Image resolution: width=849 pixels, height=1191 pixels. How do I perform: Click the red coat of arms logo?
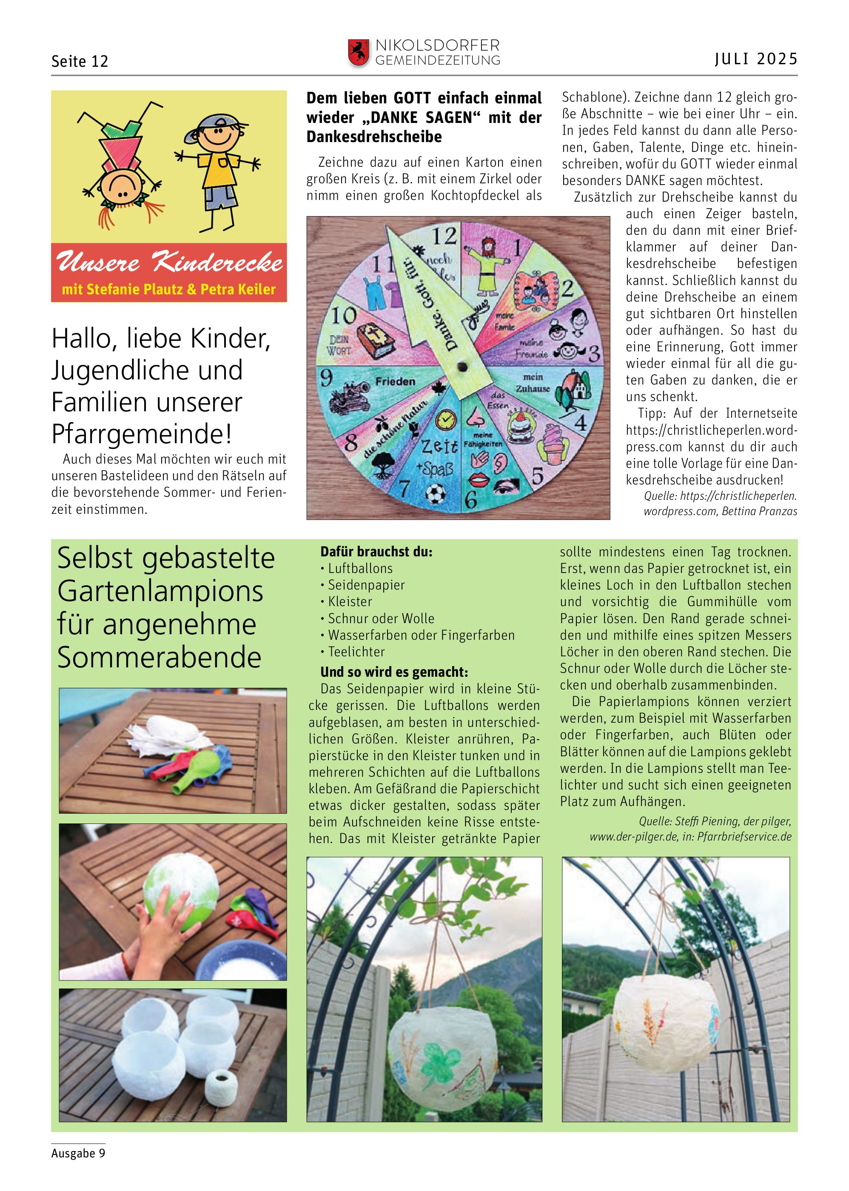(x=358, y=53)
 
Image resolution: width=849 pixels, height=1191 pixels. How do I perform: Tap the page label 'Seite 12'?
(x=80, y=62)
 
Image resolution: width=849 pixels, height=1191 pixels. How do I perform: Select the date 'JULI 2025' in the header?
(x=755, y=59)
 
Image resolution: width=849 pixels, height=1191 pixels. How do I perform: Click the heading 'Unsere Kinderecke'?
(x=169, y=262)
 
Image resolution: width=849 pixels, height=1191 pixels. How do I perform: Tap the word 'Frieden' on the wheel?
(x=395, y=382)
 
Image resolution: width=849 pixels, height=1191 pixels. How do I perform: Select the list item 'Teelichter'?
(x=356, y=652)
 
